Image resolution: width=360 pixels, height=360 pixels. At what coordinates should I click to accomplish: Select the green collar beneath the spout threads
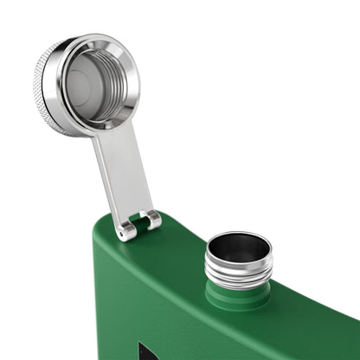point(238,295)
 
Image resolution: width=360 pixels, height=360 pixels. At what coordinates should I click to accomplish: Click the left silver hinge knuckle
point(127,229)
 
